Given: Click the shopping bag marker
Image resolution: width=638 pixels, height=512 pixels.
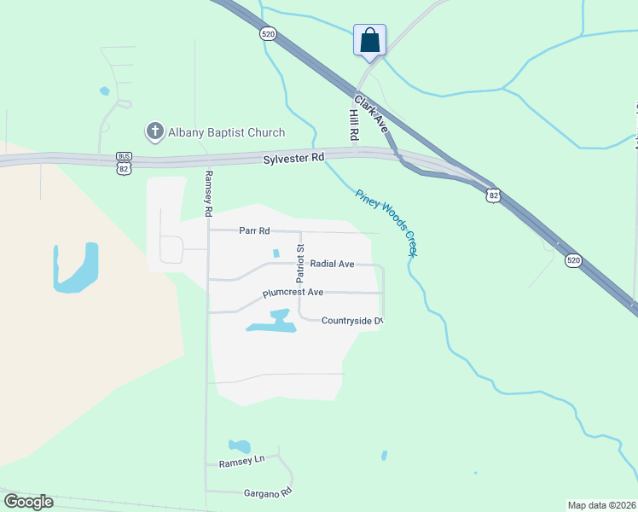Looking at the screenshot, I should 369,40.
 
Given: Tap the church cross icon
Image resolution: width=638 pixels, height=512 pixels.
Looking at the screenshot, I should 154,131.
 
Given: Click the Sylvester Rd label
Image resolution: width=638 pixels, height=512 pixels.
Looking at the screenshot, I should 294,158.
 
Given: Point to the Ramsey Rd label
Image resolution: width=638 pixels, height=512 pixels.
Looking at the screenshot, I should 207,193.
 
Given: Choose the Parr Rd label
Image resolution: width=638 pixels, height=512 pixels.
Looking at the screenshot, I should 254,230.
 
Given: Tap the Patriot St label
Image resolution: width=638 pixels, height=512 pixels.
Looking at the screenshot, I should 300,262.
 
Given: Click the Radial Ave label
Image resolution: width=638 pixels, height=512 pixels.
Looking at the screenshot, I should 332,264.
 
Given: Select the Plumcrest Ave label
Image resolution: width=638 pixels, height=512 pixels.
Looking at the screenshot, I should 293,292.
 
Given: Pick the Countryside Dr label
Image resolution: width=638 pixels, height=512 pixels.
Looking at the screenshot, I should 351,321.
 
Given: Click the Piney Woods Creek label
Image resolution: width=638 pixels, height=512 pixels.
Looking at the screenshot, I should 386,223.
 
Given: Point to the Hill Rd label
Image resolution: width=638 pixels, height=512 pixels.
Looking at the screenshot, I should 353,125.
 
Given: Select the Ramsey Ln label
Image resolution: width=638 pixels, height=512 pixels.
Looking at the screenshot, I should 242,462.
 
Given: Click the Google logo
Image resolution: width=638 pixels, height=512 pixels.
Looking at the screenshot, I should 28,502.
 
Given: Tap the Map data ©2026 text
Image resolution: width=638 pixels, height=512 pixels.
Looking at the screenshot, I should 601,505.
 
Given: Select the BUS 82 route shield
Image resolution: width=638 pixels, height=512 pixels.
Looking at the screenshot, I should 125,163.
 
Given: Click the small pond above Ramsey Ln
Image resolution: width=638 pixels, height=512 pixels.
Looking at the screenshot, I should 239,445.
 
